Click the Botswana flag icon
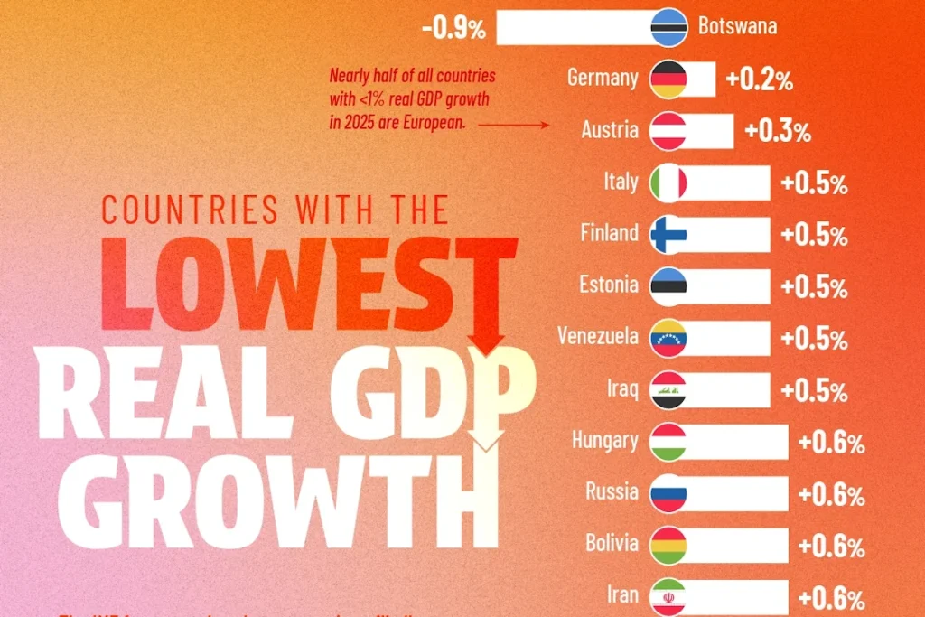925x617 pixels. coord(668,27)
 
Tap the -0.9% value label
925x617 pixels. coord(453,28)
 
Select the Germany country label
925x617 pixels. coord(603,79)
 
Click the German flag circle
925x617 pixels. coord(668,79)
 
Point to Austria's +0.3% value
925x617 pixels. coord(777,132)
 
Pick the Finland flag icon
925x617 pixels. coord(668,235)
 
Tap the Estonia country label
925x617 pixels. coord(609,285)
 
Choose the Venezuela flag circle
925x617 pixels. coord(668,338)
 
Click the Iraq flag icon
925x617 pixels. coord(668,390)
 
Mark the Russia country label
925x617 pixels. coord(612,493)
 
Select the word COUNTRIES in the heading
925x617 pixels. coord(190,210)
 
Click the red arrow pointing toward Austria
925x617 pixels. coord(515,125)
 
